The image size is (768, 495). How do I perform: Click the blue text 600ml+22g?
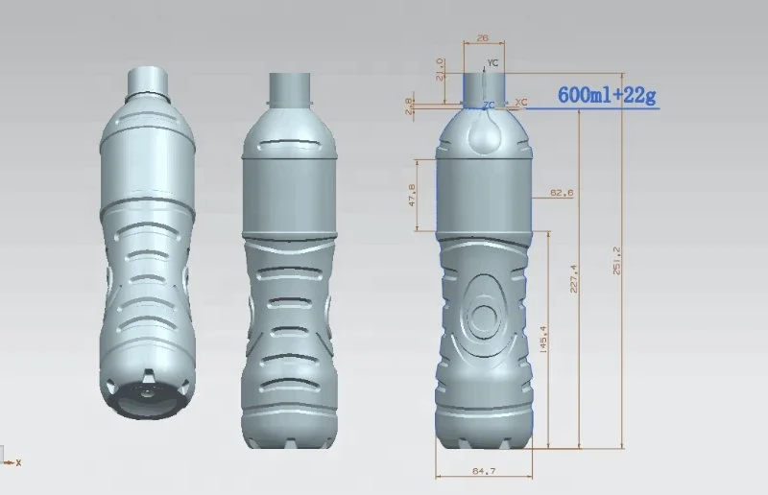coord(608,94)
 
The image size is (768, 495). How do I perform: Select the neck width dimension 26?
coord(482,37)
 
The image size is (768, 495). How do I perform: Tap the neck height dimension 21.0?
coord(441,70)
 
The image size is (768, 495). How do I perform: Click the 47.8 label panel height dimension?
coord(414,195)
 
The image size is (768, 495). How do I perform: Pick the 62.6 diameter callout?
coord(562,193)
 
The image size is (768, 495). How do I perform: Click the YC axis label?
coord(492,62)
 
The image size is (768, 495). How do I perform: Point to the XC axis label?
coord(521,101)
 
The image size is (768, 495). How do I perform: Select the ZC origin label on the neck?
coord(489,105)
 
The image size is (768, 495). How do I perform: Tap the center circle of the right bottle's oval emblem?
coord(485,315)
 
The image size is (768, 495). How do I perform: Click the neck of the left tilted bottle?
coord(150,82)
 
